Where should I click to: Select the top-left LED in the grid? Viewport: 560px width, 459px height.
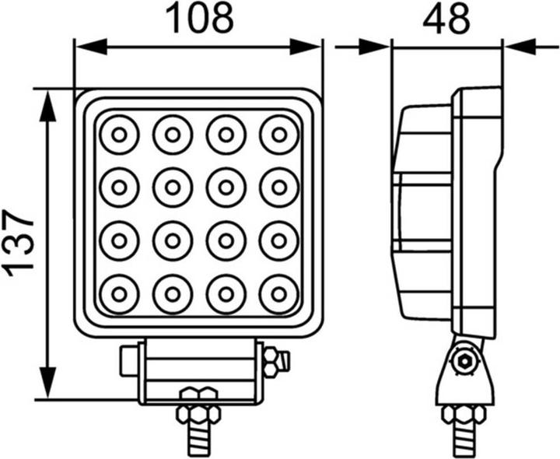119,135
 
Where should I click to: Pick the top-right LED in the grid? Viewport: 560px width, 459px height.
278,135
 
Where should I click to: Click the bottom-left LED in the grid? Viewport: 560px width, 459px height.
119,295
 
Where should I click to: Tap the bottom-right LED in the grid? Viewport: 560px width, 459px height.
278,295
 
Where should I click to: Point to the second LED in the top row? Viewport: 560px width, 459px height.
172,135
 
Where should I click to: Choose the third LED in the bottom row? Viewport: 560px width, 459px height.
226,295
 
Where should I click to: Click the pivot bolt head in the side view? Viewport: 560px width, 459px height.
465,359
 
